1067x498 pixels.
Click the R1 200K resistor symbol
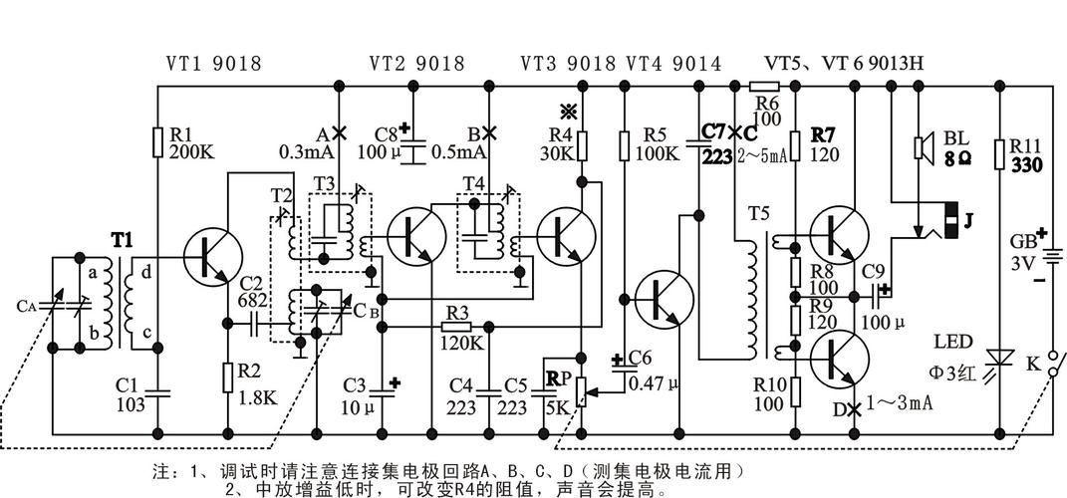(157, 142)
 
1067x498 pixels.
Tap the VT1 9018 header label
(212, 64)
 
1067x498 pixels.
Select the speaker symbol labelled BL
(922, 148)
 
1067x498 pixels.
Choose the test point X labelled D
(854, 407)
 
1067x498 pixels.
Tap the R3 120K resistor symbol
(456, 325)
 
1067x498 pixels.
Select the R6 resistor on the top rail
(764, 88)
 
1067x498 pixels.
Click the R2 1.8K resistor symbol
(228, 377)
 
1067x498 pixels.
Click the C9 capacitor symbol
(877, 294)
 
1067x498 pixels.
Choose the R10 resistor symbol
(795, 391)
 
